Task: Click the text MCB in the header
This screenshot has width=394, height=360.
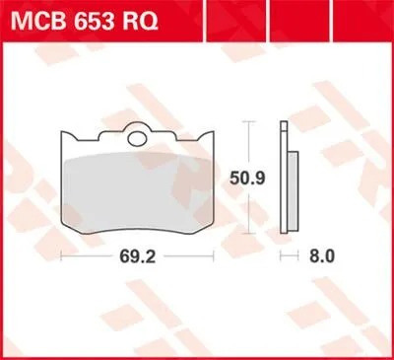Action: coord(38,17)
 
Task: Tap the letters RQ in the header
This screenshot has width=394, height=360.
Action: coord(140,17)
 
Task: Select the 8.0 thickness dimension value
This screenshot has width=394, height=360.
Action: coord(323,255)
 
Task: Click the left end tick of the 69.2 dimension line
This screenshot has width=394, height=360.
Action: coord(61,255)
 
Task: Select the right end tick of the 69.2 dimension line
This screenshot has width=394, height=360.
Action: coord(219,255)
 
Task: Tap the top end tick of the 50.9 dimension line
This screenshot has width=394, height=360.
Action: coord(251,122)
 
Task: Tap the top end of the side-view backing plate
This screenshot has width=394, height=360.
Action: coord(283,123)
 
